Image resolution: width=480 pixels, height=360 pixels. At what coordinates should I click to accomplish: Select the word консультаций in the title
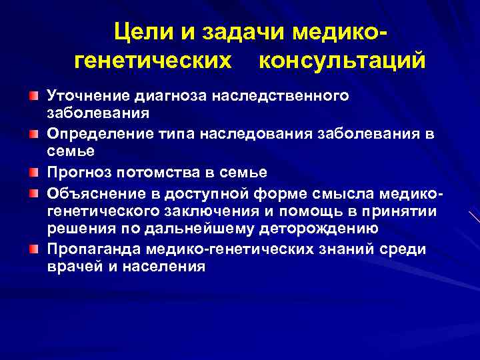click(341, 61)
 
